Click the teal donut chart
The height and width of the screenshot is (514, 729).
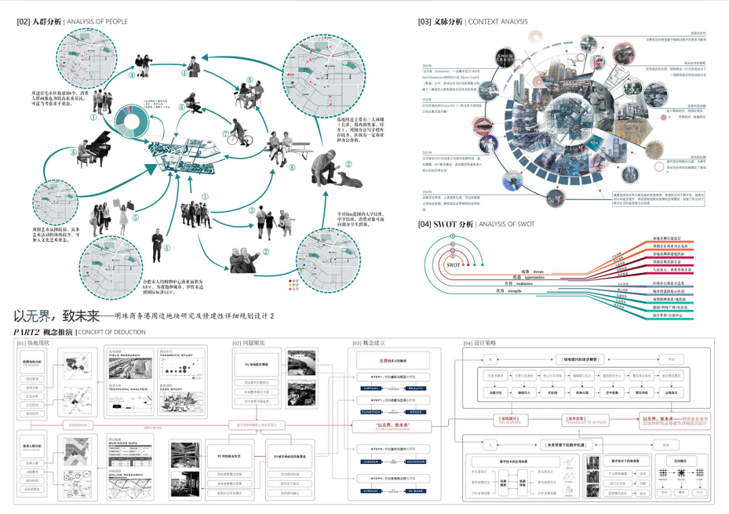[x=138, y=118]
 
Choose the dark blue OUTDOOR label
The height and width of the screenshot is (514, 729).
[x=416, y=462]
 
